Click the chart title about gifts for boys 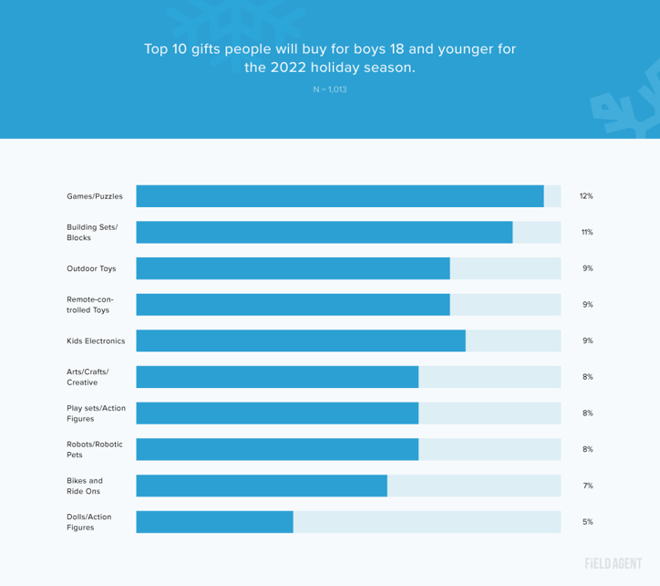(x=330, y=58)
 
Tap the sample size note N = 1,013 (x=330, y=89)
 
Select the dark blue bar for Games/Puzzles (x=340, y=196)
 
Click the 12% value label (x=586, y=196)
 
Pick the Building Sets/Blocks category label (x=92, y=232)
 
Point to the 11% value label (x=586, y=232)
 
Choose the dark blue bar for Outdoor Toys (x=293, y=268)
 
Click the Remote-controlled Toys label (x=88, y=304)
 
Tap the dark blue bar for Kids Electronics (x=301, y=340)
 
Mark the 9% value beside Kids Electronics (x=587, y=340)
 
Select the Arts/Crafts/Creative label (x=88, y=377)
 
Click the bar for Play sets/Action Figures (x=277, y=413)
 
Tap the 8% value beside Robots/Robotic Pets (x=587, y=449)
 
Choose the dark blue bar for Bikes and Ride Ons (x=262, y=486)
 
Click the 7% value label (x=587, y=486)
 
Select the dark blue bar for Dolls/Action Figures (x=214, y=521)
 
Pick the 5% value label (x=587, y=521)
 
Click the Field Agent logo (x=613, y=563)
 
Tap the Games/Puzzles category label (x=94, y=196)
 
